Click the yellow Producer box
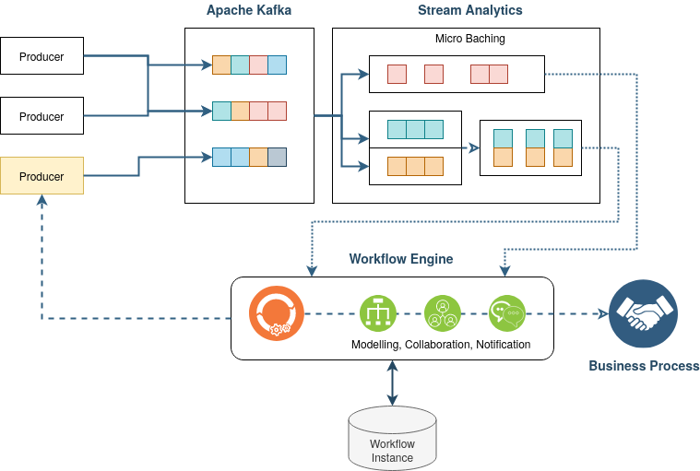point(42,175)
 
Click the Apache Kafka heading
point(249,11)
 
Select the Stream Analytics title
point(469,11)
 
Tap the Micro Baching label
point(470,40)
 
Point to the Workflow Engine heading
point(401,259)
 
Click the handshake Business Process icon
point(643,313)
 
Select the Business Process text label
point(644,366)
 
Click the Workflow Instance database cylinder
point(392,438)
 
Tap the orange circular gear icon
point(276,313)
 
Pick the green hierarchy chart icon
point(377,313)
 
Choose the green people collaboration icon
point(442,313)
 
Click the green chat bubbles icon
point(506,313)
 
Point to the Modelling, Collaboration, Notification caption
point(441,345)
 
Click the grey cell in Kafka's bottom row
point(277,157)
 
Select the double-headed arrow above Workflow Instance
point(393,383)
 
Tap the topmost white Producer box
point(42,56)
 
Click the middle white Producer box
point(42,116)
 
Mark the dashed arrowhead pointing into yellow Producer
point(42,200)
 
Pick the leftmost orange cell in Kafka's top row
point(221,65)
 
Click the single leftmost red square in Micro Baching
point(397,74)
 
